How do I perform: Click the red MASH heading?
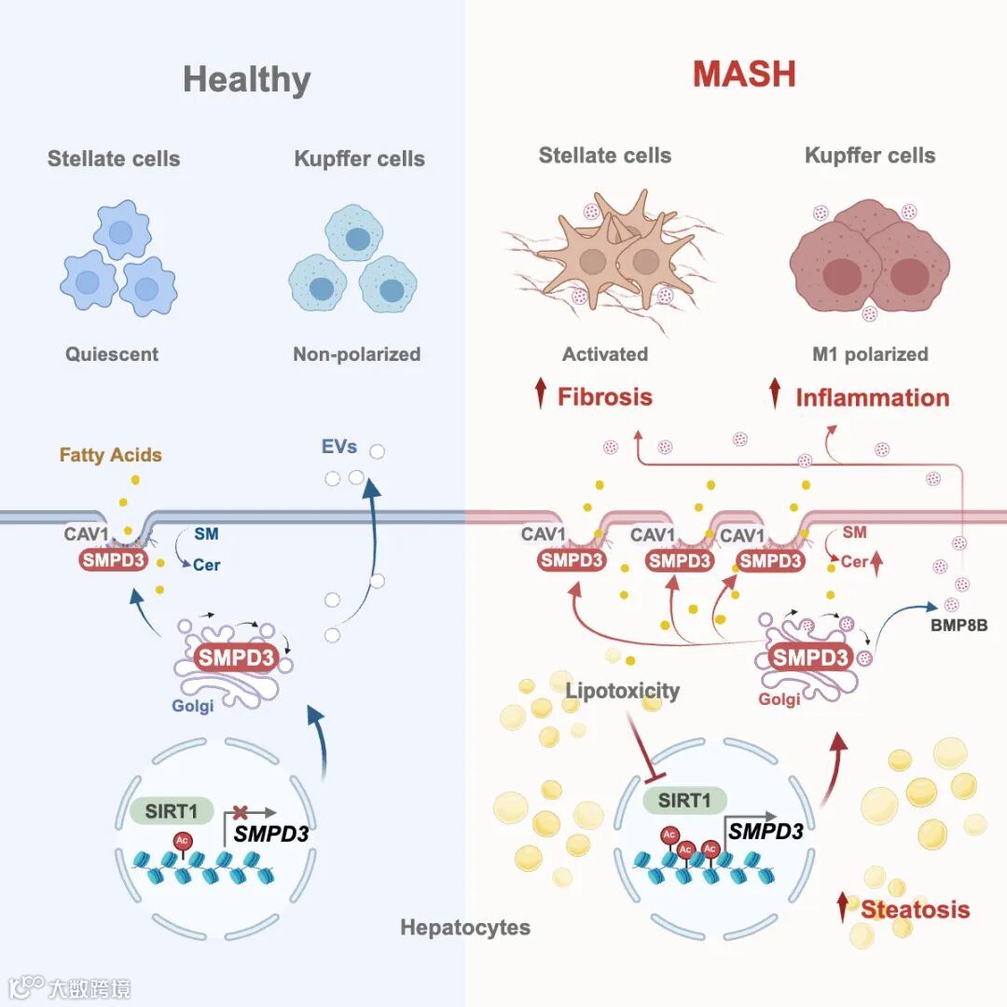[x=744, y=74]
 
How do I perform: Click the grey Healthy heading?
[x=246, y=79]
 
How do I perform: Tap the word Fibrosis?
[x=605, y=396]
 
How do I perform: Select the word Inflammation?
[x=872, y=398]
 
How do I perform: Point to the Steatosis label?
[x=915, y=909]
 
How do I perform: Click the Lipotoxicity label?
[x=622, y=691]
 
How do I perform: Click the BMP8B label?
[x=958, y=626]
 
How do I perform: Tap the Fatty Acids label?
[x=111, y=455]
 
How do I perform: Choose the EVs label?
[x=339, y=447]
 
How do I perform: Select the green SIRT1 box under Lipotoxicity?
[x=685, y=800]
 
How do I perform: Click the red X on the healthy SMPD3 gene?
[x=241, y=812]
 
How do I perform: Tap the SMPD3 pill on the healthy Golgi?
[x=236, y=657]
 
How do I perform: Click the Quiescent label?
[x=112, y=354]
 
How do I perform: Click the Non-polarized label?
[x=357, y=354]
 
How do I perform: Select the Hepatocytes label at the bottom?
[x=465, y=928]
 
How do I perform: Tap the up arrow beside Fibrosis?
[x=540, y=395]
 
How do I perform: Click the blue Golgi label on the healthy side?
[x=193, y=706]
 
